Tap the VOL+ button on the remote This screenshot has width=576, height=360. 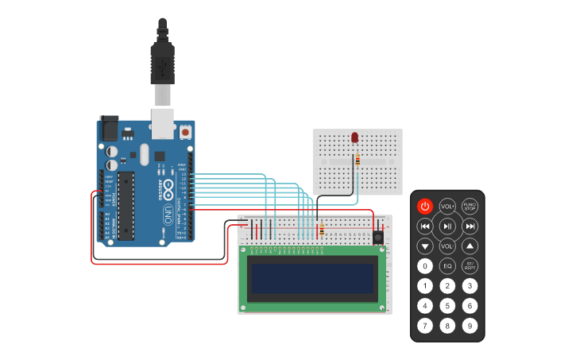click(x=447, y=207)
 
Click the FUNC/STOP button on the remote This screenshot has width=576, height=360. click(x=470, y=207)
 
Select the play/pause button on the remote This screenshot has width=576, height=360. click(x=447, y=226)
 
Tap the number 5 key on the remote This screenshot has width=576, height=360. click(x=447, y=306)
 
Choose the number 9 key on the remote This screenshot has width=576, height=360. click(x=470, y=325)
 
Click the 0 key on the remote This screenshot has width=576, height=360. click(x=425, y=266)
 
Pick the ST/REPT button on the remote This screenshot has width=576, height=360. click(x=470, y=266)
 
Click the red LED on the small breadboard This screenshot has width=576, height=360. click(x=355, y=137)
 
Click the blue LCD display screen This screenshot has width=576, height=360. click(x=312, y=278)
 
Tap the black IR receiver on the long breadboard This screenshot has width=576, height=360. click(x=378, y=236)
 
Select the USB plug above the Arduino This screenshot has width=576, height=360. click(x=162, y=64)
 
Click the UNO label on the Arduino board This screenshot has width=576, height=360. click(x=168, y=214)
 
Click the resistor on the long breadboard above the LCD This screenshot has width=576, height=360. click(x=322, y=230)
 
